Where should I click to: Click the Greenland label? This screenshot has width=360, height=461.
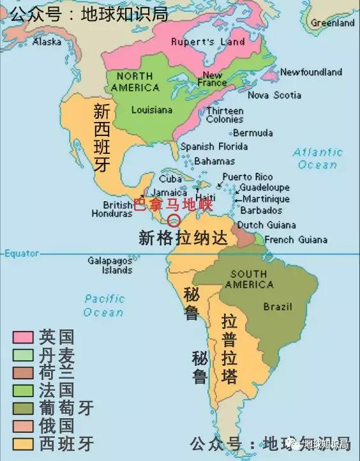(332, 23)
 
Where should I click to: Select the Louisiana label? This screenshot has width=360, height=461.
(151, 110)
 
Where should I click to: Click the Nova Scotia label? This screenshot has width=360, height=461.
(274, 95)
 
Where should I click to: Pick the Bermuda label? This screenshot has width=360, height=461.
(253, 133)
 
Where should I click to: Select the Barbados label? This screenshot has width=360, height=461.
(262, 210)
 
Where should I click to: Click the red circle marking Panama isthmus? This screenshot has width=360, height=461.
(173, 220)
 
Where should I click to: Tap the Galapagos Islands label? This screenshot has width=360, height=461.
(110, 266)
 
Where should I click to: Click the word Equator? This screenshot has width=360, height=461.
(22, 253)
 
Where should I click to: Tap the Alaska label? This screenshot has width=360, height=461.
(47, 42)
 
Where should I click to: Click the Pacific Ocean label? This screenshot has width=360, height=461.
(103, 305)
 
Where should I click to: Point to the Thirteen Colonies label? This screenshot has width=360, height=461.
(225, 115)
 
